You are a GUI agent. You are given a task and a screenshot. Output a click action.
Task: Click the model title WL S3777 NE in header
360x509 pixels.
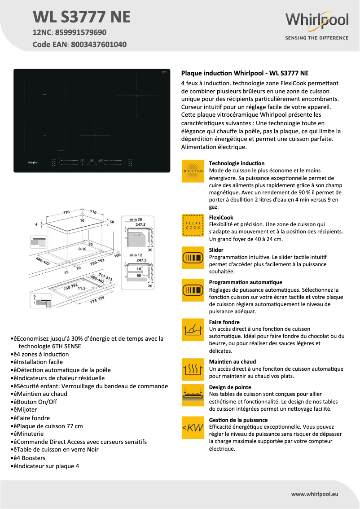(x=82, y=17)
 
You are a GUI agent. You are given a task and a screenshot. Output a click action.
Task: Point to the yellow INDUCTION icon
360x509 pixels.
(x=193, y=171)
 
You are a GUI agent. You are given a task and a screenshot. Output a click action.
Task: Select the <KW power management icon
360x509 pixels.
(x=193, y=428)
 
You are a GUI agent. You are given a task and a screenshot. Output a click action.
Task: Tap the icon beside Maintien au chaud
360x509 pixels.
(x=193, y=369)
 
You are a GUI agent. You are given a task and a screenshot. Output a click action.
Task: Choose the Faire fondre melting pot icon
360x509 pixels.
(x=193, y=330)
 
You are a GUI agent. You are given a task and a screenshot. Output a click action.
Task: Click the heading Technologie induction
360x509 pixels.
(x=237, y=163)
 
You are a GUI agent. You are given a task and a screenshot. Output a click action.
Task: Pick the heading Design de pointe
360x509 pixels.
(x=230, y=387)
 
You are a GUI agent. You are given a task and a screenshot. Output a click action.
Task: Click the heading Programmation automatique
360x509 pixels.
(x=246, y=282)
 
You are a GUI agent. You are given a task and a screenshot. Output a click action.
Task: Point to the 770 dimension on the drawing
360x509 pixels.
(x=67, y=211)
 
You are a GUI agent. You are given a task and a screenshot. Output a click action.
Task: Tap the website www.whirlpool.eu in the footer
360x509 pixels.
(x=315, y=494)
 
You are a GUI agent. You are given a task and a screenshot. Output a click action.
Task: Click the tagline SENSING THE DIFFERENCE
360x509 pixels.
(x=317, y=38)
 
